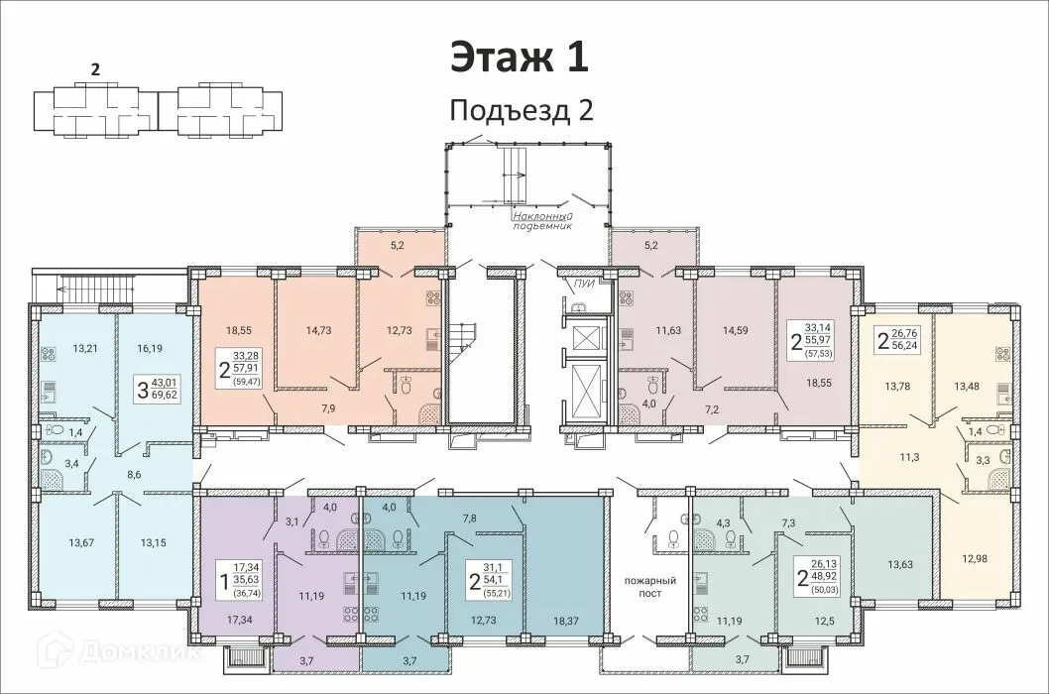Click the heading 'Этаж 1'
520,57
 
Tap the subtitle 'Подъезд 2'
521,110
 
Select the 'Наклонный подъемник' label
542,220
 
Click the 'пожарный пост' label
649,585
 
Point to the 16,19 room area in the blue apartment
149,348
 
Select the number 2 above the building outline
95,69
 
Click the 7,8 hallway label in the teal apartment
469,518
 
